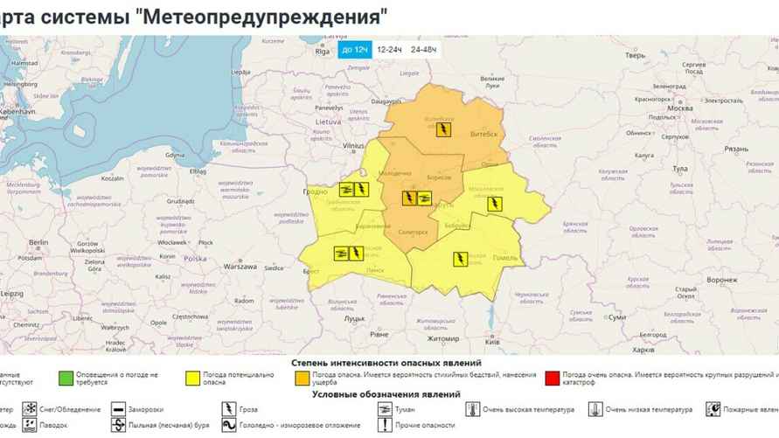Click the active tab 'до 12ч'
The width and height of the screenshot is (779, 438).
tap(354, 50)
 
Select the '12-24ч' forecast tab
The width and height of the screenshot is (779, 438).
tap(389, 50)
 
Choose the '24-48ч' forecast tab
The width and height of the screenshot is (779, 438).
tap(423, 50)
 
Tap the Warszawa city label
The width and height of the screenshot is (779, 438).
tap(239, 266)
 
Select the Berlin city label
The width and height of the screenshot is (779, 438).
tap(38, 242)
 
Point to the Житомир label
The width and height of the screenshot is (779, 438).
tap(442, 338)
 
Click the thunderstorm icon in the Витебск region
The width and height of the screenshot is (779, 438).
tap(444, 129)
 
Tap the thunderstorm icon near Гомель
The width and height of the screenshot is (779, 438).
tap(460, 258)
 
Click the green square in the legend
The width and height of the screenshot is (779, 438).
tap(65, 378)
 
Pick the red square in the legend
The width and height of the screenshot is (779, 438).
tap(551, 378)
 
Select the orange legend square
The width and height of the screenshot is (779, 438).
tap(302, 378)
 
